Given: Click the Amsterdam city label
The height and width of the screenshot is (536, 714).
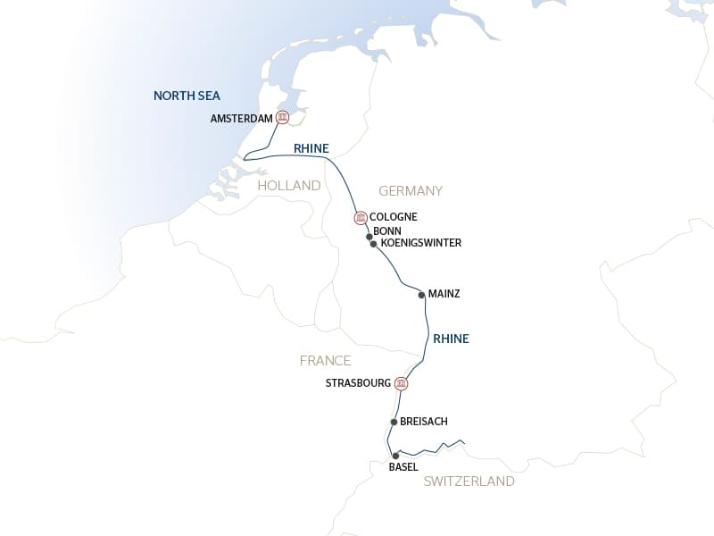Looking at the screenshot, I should (x=241, y=119).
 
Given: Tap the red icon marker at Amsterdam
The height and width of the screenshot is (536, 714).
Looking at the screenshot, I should (x=283, y=118).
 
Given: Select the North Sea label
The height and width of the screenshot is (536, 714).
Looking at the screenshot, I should (x=187, y=96).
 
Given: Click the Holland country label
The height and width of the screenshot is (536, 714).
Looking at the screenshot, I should (x=288, y=186).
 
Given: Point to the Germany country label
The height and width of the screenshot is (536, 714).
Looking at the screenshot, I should (x=411, y=191).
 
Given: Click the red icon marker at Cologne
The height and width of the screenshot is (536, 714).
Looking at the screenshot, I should (x=361, y=217).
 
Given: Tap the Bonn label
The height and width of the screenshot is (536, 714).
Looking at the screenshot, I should (x=387, y=230).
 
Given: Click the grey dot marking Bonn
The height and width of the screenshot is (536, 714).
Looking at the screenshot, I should (x=369, y=237).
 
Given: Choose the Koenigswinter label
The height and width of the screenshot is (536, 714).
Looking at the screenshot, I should (x=420, y=243).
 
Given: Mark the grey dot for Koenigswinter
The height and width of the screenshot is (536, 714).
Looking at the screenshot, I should (x=373, y=243).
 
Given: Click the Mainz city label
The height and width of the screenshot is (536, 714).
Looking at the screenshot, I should (x=444, y=293).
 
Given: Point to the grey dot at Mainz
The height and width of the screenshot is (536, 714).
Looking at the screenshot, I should (x=420, y=293).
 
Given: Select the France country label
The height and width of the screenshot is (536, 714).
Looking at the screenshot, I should (x=325, y=361).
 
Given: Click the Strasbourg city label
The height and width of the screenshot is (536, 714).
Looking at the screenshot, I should (x=358, y=383).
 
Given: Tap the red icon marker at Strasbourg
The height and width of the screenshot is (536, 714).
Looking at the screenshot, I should (x=402, y=384).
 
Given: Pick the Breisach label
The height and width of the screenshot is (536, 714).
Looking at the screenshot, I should (x=424, y=422).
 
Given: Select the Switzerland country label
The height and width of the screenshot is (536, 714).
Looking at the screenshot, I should (x=469, y=482).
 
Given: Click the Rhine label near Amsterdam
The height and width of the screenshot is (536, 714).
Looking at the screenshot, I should (x=311, y=148).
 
